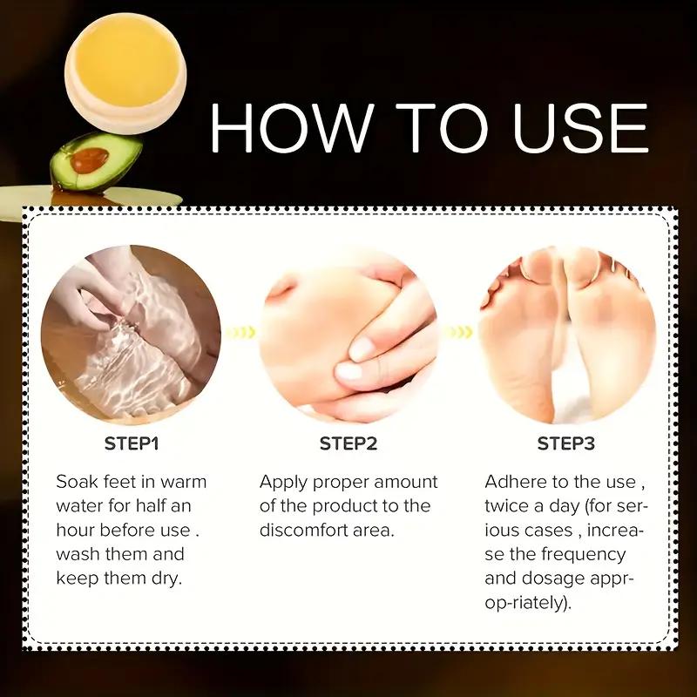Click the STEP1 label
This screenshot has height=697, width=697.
(132, 444)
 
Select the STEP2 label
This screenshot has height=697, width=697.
(348, 444)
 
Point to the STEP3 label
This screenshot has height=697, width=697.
(565, 444)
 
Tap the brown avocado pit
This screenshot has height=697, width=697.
(90, 159)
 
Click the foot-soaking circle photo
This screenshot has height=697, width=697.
(131, 334)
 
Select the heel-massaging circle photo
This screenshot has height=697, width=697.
(348, 334)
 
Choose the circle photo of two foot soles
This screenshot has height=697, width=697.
(566, 334)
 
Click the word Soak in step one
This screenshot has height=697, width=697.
(77, 482)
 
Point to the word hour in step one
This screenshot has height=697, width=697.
(76, 531)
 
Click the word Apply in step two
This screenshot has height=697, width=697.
(283, 482)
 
